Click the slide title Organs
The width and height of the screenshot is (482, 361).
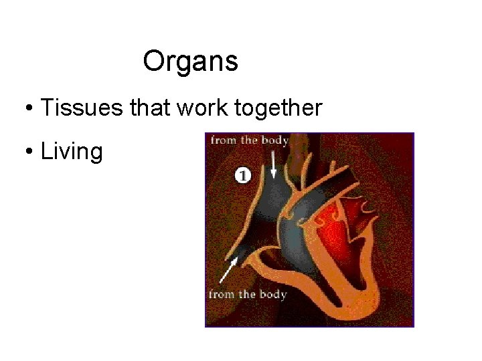click(190, 62)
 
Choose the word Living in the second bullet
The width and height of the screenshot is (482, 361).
click(72, 152)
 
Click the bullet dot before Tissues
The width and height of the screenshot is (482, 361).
click(29, 108)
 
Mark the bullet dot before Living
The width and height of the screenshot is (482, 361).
click(29, 152)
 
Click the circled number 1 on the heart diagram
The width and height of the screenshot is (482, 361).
click(242, 175)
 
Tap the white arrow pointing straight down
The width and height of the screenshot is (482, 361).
click(274, 164)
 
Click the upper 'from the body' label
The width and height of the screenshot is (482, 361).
click(249, 140)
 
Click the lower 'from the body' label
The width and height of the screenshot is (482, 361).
click(248, 295)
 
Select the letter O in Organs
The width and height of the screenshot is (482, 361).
click(153, 62)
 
